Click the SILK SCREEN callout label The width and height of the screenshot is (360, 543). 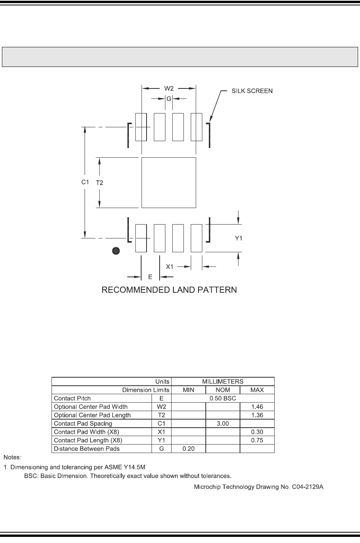[252, 91]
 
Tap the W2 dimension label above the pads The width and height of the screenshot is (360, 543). [169, 88]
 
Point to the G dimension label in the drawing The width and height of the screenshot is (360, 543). [168, 99]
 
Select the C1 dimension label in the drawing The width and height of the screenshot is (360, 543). [85, 182]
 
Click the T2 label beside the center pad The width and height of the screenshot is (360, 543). [99, 183]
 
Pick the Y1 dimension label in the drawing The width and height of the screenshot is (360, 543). [238, 238]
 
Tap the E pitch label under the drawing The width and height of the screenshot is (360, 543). [150, 276]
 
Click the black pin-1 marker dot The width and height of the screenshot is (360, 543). [116, 251]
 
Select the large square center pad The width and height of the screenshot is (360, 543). [169, 183]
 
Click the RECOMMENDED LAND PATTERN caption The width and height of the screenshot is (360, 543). [169, 290]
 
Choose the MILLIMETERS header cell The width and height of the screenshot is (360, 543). [223, 381]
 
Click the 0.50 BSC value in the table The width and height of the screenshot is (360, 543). [223, 398]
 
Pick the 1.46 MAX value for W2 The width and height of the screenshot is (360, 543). [257, 407]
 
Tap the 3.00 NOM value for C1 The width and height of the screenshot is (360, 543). [223, 423]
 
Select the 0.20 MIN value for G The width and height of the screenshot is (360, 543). [188, 449]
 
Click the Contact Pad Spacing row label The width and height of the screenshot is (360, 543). [83, 423]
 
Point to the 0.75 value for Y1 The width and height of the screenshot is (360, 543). [257, 440]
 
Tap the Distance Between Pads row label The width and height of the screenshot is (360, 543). [87, 449]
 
